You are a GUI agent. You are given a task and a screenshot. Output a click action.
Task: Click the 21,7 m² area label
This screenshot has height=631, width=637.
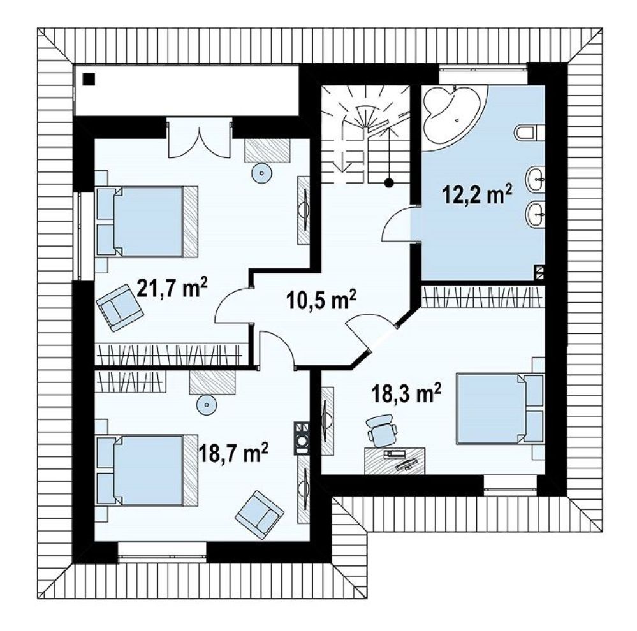(x=173, y=287)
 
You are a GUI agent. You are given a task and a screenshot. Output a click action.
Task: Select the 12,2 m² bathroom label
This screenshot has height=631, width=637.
(x=477, y=195)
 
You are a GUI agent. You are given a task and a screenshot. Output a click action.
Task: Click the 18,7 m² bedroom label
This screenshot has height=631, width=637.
(x=233, y=453)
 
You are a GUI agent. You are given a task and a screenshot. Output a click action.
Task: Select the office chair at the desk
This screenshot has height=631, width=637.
(x=383, y=430)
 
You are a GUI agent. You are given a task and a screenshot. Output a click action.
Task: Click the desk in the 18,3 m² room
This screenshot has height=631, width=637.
(x=395, y=460)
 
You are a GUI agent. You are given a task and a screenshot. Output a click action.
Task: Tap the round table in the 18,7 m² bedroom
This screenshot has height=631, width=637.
(x=206, y=404)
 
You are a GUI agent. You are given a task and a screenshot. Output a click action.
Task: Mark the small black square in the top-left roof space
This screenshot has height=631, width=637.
(x=89, y=79)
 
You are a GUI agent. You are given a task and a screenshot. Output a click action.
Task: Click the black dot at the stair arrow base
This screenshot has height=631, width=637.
(x=389, y=183)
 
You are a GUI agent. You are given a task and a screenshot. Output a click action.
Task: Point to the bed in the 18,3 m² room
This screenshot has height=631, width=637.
(x=499, y=409)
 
